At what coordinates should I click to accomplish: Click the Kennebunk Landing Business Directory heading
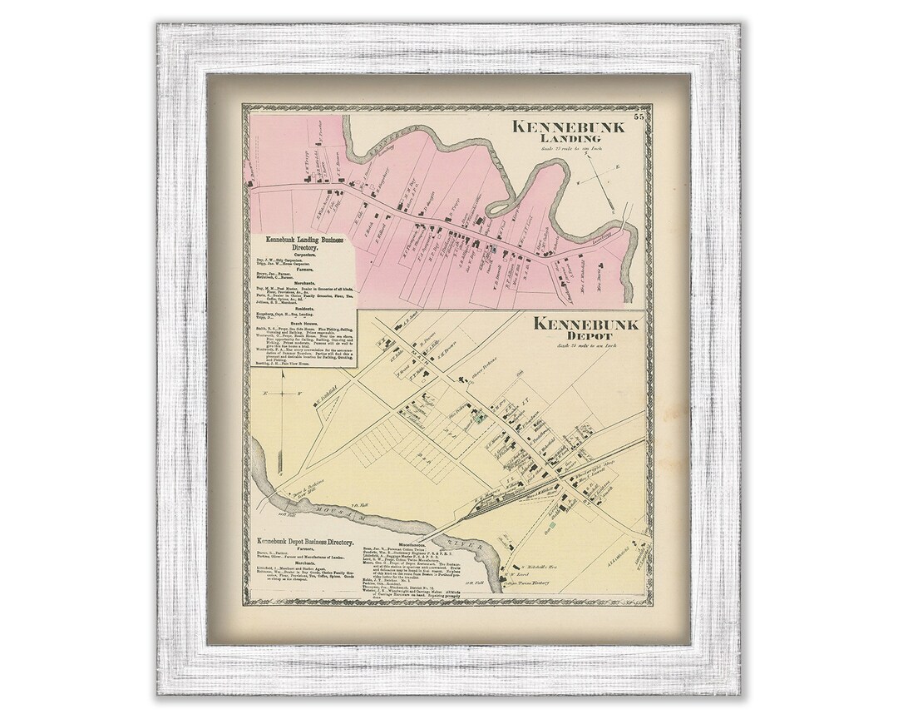tap(303, 244)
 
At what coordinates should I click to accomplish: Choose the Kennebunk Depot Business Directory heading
tap(307, 540)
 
